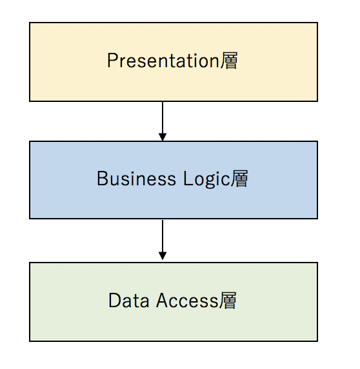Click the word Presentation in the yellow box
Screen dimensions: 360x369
(x=163, y=61)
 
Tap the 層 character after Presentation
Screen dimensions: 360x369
(x=229, y=61)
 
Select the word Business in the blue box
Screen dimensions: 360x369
(x=137, y=179)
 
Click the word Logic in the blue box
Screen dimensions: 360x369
(x=206, y=179)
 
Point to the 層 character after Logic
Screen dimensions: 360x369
(x=239, y=179)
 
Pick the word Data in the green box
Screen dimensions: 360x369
(x=128, y=300)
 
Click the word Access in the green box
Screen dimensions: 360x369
(x=187, y=300)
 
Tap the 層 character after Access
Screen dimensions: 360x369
(x=228, y=301)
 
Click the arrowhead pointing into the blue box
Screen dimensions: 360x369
(x=163, y=137)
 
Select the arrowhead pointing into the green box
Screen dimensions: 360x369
(x=163, y=256)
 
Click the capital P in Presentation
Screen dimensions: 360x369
(x=112, y=61)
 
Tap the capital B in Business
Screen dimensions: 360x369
(x=102, y=179)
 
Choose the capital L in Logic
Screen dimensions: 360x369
(x=188, y=179)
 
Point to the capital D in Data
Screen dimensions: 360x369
(x=115, y=300)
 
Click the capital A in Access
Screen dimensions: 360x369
(x=163, y=300)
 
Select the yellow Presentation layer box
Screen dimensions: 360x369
(x=174, y=62)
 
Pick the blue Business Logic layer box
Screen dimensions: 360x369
(x=174, y=180)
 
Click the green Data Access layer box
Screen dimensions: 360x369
(x=174, y=302)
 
